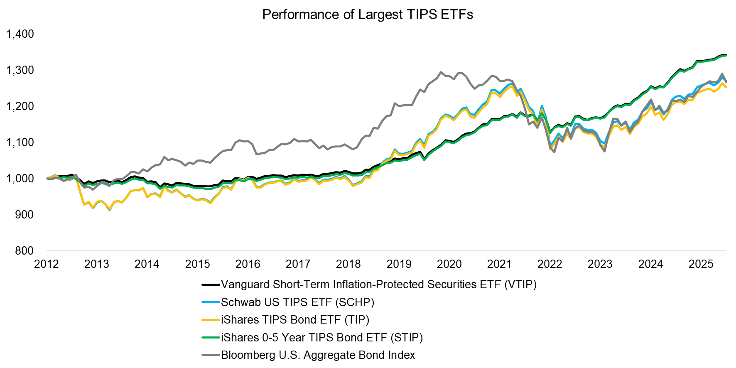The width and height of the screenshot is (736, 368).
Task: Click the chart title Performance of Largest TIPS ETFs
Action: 368,15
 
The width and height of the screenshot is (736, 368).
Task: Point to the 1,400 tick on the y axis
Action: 20,34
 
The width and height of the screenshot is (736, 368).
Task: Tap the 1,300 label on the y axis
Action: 20,70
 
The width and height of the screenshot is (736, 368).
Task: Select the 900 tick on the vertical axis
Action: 25,215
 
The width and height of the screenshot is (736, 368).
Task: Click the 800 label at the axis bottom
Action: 25,251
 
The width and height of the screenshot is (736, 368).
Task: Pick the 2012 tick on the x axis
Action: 46,264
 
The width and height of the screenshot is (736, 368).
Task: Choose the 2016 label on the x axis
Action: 248,264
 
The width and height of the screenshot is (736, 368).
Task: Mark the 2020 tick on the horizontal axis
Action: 449,264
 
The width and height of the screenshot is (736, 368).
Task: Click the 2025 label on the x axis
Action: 701,264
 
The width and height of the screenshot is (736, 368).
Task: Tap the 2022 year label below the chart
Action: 550,264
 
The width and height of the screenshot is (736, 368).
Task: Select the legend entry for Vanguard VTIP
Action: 378,285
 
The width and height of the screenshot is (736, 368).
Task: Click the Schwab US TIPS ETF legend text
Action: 297,302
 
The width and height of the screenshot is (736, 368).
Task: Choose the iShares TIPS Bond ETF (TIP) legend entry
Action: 295,320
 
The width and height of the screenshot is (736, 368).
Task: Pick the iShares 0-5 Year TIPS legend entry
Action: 321,338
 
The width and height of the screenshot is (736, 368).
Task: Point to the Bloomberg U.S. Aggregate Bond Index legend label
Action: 318,355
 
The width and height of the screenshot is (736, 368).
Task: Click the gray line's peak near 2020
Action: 441,72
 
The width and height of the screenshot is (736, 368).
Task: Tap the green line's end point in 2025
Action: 725,55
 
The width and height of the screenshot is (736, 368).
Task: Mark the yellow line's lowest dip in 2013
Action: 109,210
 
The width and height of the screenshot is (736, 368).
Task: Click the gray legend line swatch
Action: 211,355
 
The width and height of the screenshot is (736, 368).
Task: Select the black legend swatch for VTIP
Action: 211,285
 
